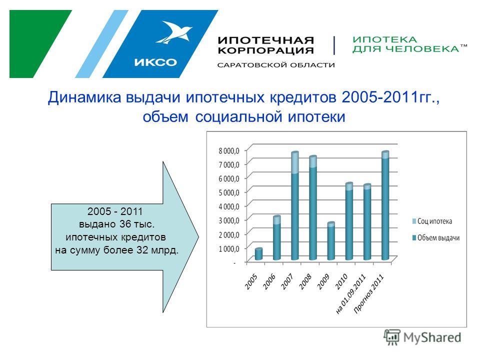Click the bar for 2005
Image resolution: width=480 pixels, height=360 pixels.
[x=258, y=254]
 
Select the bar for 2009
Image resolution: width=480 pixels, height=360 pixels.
[x=331, y=241]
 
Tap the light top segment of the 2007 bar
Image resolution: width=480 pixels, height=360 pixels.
[x=295, y=162]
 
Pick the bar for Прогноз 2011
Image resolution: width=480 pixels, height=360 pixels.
[x=385, y=205]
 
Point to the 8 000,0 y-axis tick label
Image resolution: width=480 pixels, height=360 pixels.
[x=228, y=150]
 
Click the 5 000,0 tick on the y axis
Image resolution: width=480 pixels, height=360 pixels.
[x=228, y=192]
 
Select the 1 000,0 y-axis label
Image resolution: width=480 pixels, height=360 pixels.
[x=228, y=249]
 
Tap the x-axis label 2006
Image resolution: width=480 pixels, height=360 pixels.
[x=269, y=281]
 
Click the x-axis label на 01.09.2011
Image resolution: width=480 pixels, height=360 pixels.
[x=351, y=294]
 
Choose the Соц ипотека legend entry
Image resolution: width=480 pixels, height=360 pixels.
[x=432, y=221]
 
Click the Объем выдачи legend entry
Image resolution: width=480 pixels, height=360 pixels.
[x=436, y=238]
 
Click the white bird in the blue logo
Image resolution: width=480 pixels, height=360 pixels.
[x=174, y=32]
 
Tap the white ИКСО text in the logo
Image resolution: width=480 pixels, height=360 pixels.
[x=155, y=62]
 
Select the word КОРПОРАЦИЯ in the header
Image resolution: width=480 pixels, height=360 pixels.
[x=265, y=50]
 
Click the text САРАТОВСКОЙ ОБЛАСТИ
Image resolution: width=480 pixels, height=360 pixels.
[x=276, y=65]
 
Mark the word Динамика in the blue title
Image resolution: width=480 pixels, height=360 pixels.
[x=84, y=97]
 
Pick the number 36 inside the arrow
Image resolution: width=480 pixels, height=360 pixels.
[x=125, y=224]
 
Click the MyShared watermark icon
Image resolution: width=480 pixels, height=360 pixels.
[x=392, y=337]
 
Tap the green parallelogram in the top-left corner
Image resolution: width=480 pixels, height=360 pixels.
[x=40, y=44]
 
